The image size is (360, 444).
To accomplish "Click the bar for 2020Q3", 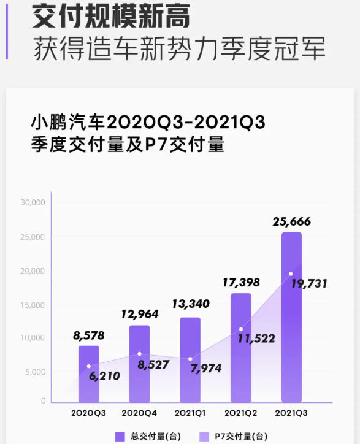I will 88,374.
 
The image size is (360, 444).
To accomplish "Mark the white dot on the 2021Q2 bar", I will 241,329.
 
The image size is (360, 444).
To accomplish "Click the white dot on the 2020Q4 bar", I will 140,354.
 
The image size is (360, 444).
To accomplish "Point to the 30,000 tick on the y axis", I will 33,202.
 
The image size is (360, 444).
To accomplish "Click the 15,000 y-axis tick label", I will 33,305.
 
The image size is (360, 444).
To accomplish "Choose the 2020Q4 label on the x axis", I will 140,413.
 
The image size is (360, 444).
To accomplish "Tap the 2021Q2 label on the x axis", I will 241,413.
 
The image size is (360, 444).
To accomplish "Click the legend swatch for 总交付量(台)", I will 120,437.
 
